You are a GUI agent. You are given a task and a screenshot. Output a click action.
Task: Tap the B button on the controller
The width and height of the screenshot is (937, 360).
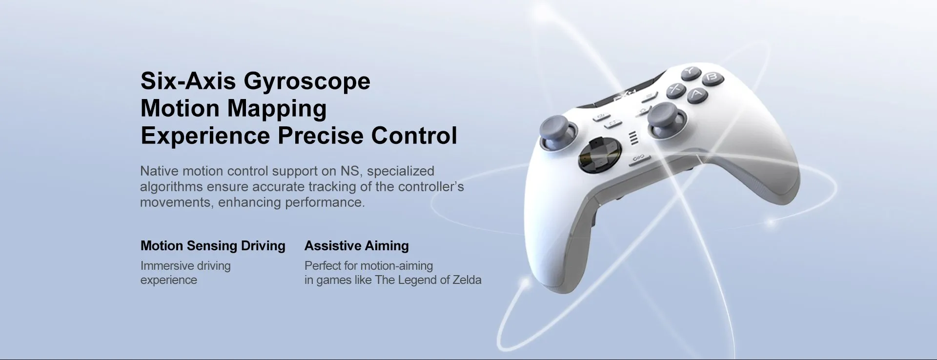pyautogui.click(x=711, y=78)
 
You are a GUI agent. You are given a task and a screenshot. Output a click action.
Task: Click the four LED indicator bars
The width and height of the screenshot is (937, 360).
pyautogui.click(x=633, y=138)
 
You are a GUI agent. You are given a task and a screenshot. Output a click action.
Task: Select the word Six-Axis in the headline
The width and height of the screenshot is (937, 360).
pyautogui.click(x=188, y=80)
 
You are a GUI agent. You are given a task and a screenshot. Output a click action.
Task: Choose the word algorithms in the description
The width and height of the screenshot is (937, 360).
pyautogui.click(x=171, y=187)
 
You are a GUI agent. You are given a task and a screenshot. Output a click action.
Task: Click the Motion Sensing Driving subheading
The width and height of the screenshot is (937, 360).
pyautogui.click(x=213, y=246)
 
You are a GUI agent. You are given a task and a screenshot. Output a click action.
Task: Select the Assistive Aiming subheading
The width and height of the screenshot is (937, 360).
pyautogui.click(x=357, y=246)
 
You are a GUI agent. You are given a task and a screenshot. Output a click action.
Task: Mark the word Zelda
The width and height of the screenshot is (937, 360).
pyautogui.click(x=467, y=280)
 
